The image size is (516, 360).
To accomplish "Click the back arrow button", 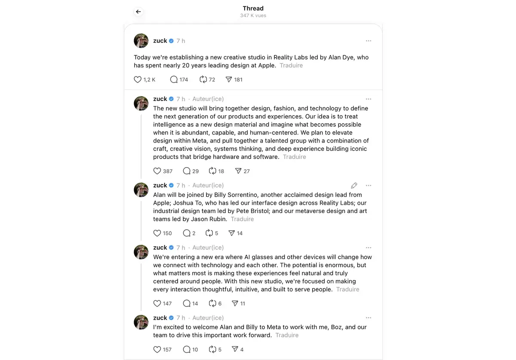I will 138,12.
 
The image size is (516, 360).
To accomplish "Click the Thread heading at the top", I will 253,8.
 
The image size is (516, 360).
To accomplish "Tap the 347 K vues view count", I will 253,15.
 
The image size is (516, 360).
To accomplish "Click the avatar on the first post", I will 141,41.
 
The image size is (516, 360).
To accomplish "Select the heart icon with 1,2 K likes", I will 138,79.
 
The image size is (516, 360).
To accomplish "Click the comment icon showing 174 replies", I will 174,79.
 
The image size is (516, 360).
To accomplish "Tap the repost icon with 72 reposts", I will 203,79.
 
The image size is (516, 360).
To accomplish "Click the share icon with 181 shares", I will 229,79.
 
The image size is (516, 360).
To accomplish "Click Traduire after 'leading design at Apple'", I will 291,65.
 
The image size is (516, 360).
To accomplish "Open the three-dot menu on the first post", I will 369,41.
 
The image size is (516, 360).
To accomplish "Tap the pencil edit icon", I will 354,186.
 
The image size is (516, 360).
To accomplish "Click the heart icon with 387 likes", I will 157,171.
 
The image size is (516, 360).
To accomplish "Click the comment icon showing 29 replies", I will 187,171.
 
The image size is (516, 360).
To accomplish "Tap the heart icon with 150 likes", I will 157,233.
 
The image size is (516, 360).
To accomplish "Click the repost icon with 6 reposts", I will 212,303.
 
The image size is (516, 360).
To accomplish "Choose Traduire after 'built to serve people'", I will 347,289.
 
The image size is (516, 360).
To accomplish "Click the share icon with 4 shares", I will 235,349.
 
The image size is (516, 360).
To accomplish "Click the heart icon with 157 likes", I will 157,349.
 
